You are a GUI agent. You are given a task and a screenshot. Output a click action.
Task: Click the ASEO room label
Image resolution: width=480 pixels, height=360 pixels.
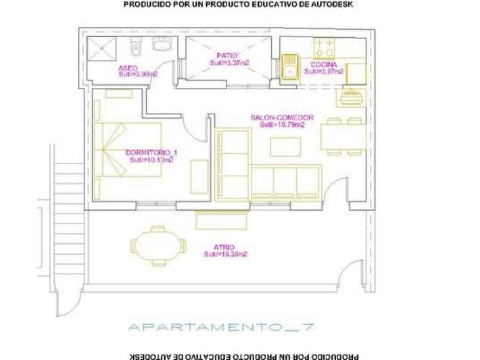click(128, 68)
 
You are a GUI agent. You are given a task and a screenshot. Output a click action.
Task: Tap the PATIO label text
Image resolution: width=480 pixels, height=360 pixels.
click(226, 55)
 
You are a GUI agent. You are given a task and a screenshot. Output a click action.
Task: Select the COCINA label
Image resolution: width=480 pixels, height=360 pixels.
click(323, 65)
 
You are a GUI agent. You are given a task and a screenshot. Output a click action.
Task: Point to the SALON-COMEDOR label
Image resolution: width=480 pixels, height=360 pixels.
click(281, 117)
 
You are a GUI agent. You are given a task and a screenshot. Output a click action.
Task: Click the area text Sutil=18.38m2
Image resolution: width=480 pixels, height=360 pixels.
click(226, 255)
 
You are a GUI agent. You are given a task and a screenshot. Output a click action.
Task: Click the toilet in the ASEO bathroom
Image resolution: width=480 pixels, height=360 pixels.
click(136, 47)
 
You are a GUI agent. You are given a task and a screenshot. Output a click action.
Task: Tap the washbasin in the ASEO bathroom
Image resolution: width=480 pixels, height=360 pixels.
click(162, 46)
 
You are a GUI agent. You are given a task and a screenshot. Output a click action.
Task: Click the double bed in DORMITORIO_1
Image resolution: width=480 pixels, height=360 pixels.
click(126, 149)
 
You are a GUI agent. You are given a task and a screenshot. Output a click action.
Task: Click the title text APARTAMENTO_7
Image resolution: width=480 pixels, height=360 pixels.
click(220, 328)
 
